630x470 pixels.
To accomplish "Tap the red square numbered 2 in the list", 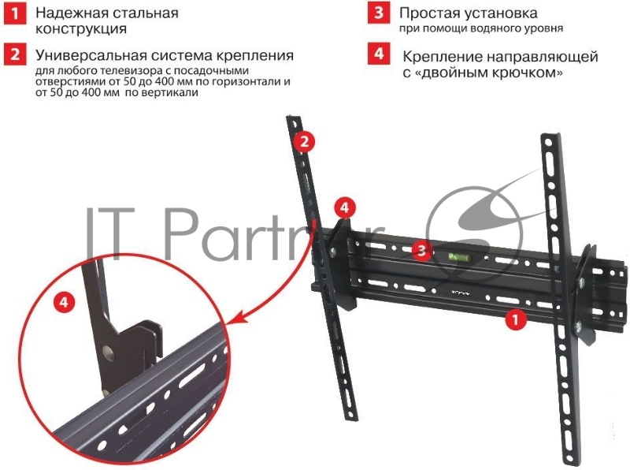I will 14,55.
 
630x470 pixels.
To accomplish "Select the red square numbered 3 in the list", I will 380,14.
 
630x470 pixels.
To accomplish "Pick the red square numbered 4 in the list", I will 380,55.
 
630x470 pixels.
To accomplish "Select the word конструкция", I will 81,30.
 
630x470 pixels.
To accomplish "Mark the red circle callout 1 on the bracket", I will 514,319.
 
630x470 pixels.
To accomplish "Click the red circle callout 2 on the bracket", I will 304,142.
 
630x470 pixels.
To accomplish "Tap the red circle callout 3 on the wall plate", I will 423,251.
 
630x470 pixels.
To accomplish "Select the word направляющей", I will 546,57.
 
